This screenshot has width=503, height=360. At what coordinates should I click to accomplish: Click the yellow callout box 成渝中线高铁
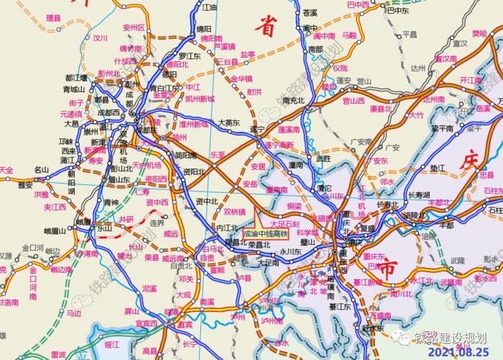click(x=265, y=234)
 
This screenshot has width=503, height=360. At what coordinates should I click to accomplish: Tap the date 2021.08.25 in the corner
click(x=461, y=353)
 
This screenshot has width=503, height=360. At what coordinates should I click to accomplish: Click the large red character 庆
click(x=468, y=159)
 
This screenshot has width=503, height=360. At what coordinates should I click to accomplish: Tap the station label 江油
click(x=209, y=6)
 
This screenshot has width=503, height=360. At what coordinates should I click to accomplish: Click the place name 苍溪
click(x=310, y=12)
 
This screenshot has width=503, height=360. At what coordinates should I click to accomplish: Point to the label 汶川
click(x=99, y=37)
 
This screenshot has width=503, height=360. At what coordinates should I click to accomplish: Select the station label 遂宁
click(x=257, y=130)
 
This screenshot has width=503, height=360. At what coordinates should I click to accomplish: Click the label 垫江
click(x=437, y=167)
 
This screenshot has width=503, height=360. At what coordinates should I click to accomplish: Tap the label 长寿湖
click(x=418, y=195)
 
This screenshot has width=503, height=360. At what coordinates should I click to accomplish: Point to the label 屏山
click(x=130, y=312)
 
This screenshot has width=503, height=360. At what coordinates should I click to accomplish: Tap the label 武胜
click(x=324, y=158)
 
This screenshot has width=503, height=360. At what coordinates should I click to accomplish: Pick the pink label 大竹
click(x=417, y=114)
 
